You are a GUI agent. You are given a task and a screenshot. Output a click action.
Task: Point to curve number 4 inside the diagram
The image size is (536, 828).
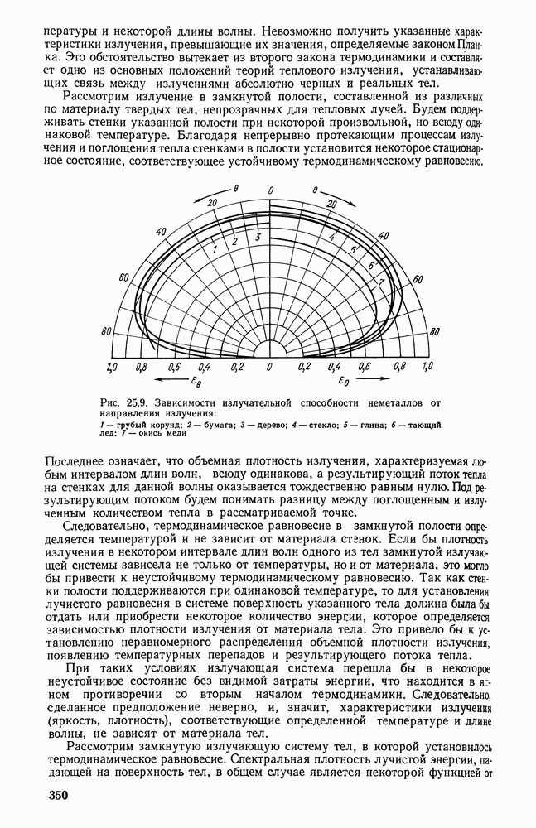(331, 238)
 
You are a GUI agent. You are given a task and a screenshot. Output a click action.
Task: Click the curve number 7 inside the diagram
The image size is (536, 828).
(380, 282)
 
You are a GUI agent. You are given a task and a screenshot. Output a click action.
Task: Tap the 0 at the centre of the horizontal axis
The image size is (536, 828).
(268, 365)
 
